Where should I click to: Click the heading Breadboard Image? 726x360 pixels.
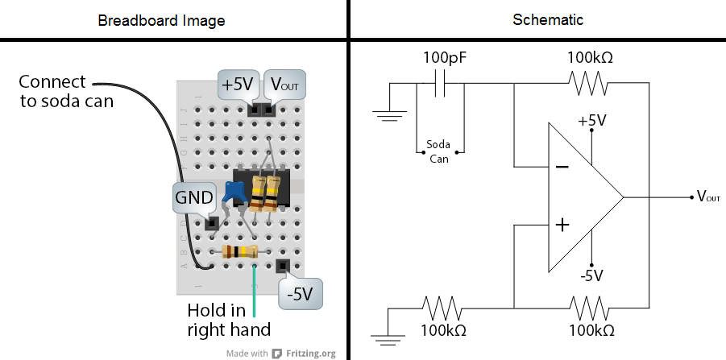(x=172, y=19)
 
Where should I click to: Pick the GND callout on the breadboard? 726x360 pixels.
(x=194, y=197)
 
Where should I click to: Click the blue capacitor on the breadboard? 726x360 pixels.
(x=235, y=191)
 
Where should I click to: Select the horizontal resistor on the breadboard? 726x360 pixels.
(x=240, y=252)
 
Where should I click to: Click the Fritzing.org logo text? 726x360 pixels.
(x=304, y=353)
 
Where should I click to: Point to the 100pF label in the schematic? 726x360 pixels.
(x=445, y=58)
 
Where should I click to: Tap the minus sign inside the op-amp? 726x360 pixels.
(x=562, y=168)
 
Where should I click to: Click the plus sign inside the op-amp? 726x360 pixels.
(x=562, y=225)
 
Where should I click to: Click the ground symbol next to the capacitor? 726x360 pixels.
(x=390, y=115)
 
